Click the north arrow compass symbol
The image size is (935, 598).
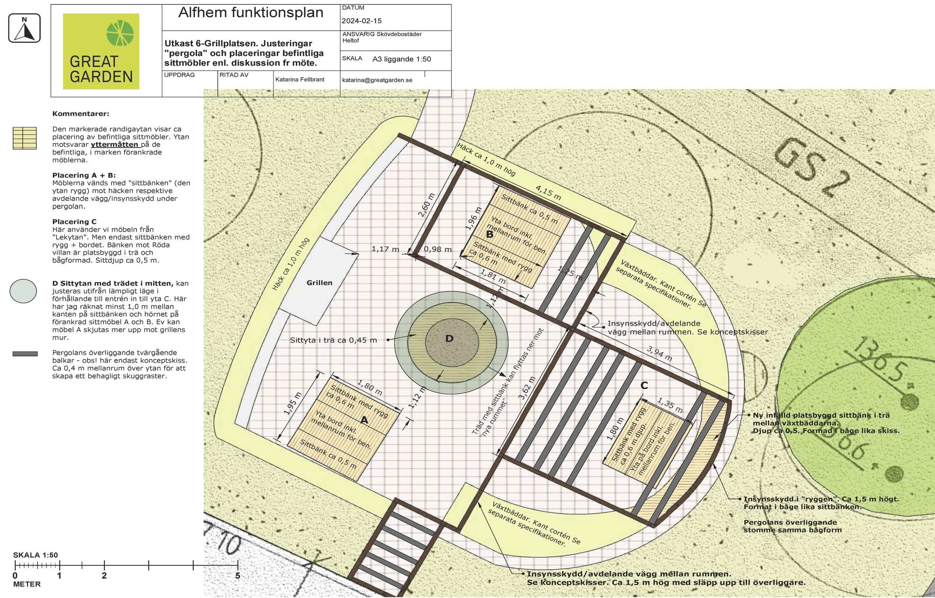[24, 28]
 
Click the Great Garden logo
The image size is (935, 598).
[101, 51]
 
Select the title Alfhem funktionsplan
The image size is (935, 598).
[251, 13]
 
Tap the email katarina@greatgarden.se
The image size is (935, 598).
[377, 80]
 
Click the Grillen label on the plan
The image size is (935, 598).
[319, 283]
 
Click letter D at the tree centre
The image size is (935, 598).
[450, 338]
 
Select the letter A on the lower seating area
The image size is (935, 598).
[364, 420]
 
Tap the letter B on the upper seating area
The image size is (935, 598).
[490, 234]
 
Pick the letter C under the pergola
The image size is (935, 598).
[644, 385]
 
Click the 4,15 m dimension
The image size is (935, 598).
[548, 193]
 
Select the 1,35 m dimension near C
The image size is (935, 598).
[670, 405]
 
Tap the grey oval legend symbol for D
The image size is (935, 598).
[24, 291]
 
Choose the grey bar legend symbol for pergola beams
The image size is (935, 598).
[25, 354]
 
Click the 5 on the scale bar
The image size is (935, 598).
[238, 576]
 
